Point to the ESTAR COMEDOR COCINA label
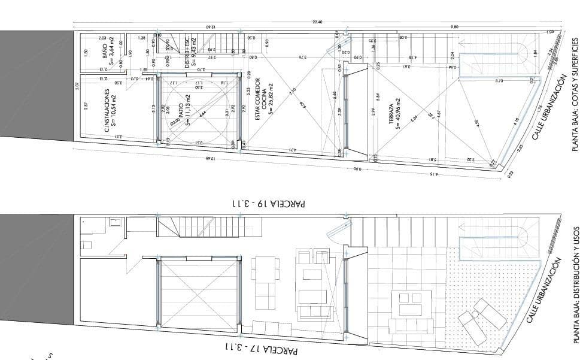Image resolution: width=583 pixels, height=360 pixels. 263,99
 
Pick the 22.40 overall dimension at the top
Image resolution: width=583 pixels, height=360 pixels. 317,22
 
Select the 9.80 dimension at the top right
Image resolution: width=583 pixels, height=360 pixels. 454,27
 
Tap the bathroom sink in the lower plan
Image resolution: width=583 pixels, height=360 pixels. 115,223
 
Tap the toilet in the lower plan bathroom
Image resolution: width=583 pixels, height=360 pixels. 87,244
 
